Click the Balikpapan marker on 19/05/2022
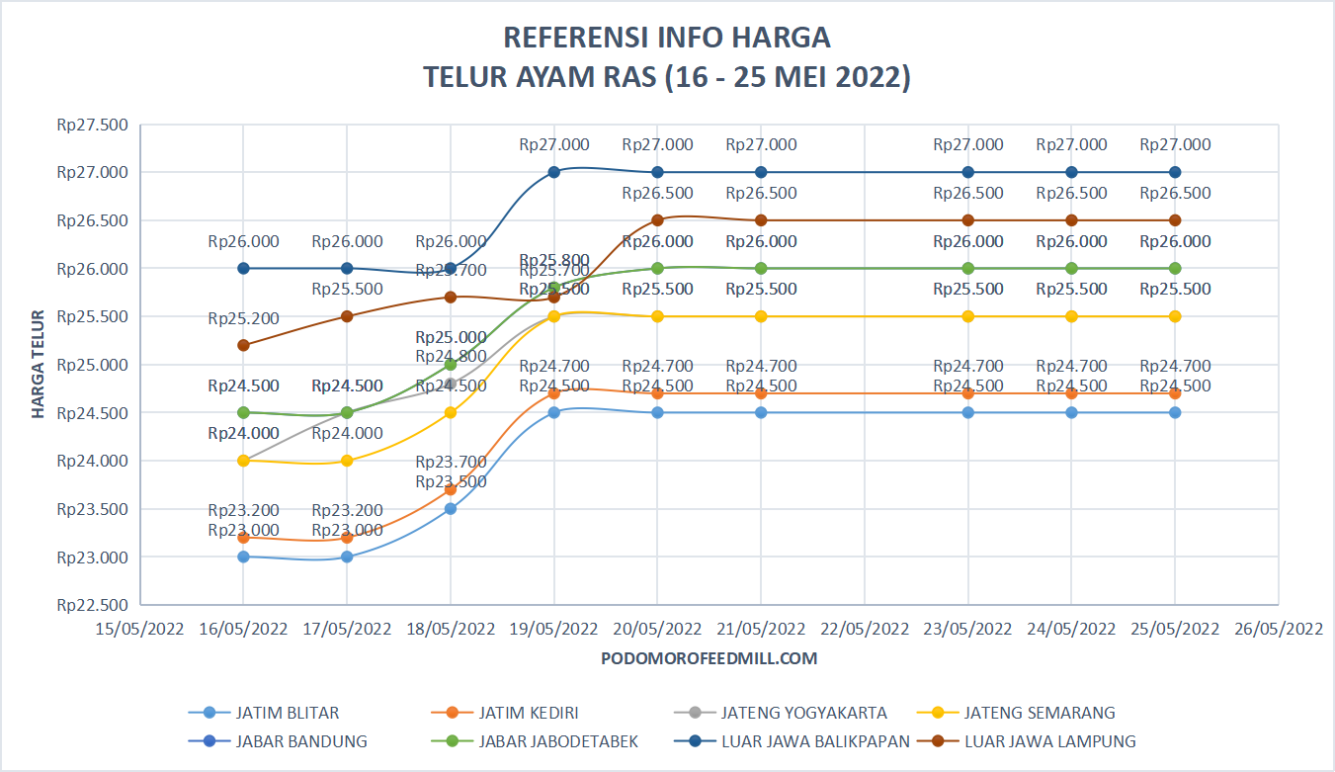pos(554,172)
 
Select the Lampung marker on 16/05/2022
pos(243,345)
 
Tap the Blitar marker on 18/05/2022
pos(451,509)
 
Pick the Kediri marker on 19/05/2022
pos(554,393)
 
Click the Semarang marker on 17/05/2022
pos(347,461)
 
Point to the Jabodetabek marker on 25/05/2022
pos(1175,268)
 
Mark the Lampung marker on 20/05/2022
pos(658,220)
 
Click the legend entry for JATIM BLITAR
pos(288,713)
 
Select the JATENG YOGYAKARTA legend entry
pos(803,713)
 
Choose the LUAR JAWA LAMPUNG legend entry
pos(1049,741)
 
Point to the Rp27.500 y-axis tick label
pos(93,125)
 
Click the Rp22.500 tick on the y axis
pos(93,605)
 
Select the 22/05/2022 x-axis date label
pos(865,630)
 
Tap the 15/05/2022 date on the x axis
pos(140,630)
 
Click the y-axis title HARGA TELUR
pos(39,364)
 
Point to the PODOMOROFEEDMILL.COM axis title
pos(709,658)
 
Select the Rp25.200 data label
pos(243,318)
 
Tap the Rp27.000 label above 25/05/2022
pos(1175,144)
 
